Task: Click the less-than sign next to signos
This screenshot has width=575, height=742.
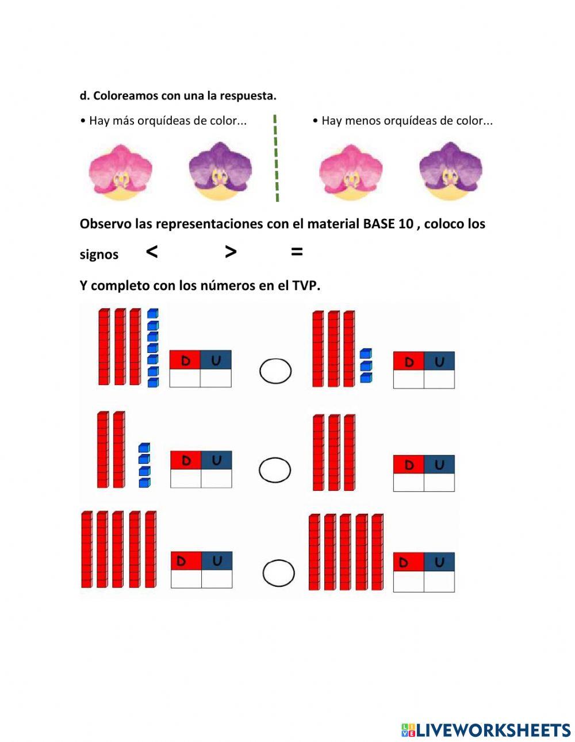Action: (x=152, y=252)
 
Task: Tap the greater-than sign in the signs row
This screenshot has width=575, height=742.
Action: (x=231, y=252)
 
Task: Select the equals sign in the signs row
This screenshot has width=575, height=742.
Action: (x=297, y=252)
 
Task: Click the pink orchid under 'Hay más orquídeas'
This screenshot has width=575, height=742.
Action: (x=121, y=172)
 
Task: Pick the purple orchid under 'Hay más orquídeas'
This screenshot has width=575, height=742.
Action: (x=221, y=171)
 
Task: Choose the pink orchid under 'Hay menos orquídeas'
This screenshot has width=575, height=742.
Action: (x=351, y=172)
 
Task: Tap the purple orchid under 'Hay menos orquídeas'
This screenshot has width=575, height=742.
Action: (x=451, y=171)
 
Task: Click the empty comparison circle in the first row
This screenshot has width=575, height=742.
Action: (x=259, y=371)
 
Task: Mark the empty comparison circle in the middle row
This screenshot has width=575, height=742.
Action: (x=259, y=470)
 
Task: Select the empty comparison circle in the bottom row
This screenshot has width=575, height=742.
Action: (x=263, y=572)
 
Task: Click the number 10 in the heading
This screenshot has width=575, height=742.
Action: (x=405, y=224)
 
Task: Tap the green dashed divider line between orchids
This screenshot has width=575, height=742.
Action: (x=276, y=158)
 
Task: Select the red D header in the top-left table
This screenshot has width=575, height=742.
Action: (x=185, y=360)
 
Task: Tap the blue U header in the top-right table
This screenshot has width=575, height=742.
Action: (x=439, y=361)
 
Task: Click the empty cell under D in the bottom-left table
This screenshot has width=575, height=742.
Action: (x=186, y=579)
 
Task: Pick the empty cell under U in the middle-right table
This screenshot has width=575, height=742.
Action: (x=439, y=482)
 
